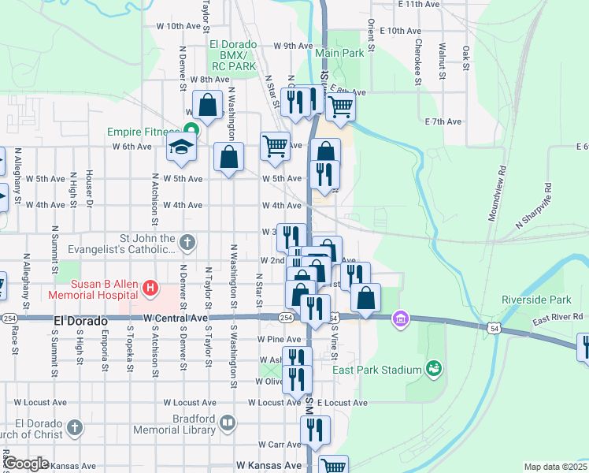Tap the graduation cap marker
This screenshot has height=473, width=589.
tap(181, 147)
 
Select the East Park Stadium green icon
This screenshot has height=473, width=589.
tap(432, 367)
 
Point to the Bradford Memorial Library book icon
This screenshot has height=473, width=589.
tap(227, 423)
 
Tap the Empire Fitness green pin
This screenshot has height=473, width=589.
tap(190, 131)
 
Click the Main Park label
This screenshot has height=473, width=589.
tap(339, 53)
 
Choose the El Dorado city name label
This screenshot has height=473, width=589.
tap(80, 322)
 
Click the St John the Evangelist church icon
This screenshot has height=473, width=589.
tap(187, 242)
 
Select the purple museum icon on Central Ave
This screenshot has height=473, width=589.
tap(401, 318)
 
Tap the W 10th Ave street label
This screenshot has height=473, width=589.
tap(179, 26)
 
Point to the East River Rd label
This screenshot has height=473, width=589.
tap(558, 317)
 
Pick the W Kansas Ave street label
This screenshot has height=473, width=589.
tap(269, 466)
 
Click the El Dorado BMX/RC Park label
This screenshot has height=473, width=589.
tap(233, 56)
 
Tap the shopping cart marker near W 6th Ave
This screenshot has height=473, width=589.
tap(274, 145)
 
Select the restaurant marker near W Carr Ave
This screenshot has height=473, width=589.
tap(314, 430)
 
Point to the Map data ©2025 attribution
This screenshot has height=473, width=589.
tap(555, 467)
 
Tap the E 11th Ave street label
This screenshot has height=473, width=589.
tap(419, 4)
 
